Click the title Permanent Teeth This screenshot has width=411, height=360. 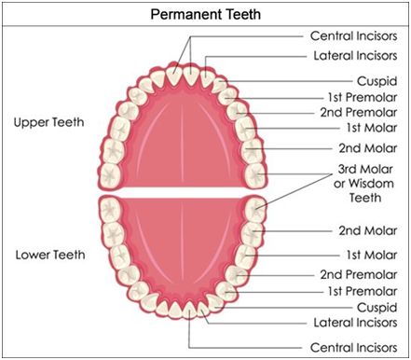[205, 14]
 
